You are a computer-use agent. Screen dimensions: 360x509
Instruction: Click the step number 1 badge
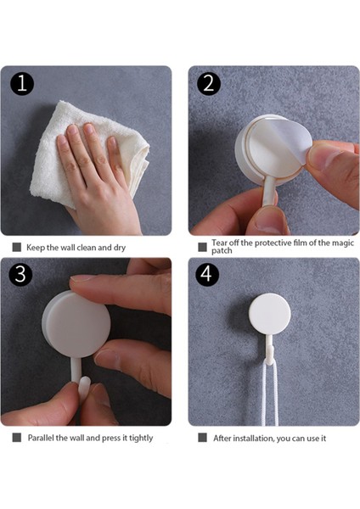(22, 83)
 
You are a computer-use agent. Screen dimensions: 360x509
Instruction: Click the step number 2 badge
(209, 83)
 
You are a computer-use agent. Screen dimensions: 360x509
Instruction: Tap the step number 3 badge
(20, 274)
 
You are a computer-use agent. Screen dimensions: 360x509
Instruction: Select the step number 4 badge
(207, 274)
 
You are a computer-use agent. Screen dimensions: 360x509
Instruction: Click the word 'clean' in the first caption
(86, 248)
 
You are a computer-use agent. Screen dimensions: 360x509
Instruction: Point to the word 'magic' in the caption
(343, 243)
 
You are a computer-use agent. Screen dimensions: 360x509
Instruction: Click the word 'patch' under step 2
(222, 251)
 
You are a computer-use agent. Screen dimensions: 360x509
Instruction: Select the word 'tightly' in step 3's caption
(141, 439)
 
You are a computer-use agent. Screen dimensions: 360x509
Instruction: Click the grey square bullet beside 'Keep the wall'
(17, 248)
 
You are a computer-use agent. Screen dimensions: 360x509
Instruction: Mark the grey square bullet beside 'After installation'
(202, 438)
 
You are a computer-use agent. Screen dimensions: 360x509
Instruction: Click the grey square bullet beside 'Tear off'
(202, 247)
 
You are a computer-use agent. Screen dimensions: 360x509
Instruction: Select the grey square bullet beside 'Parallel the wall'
(17, 437)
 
